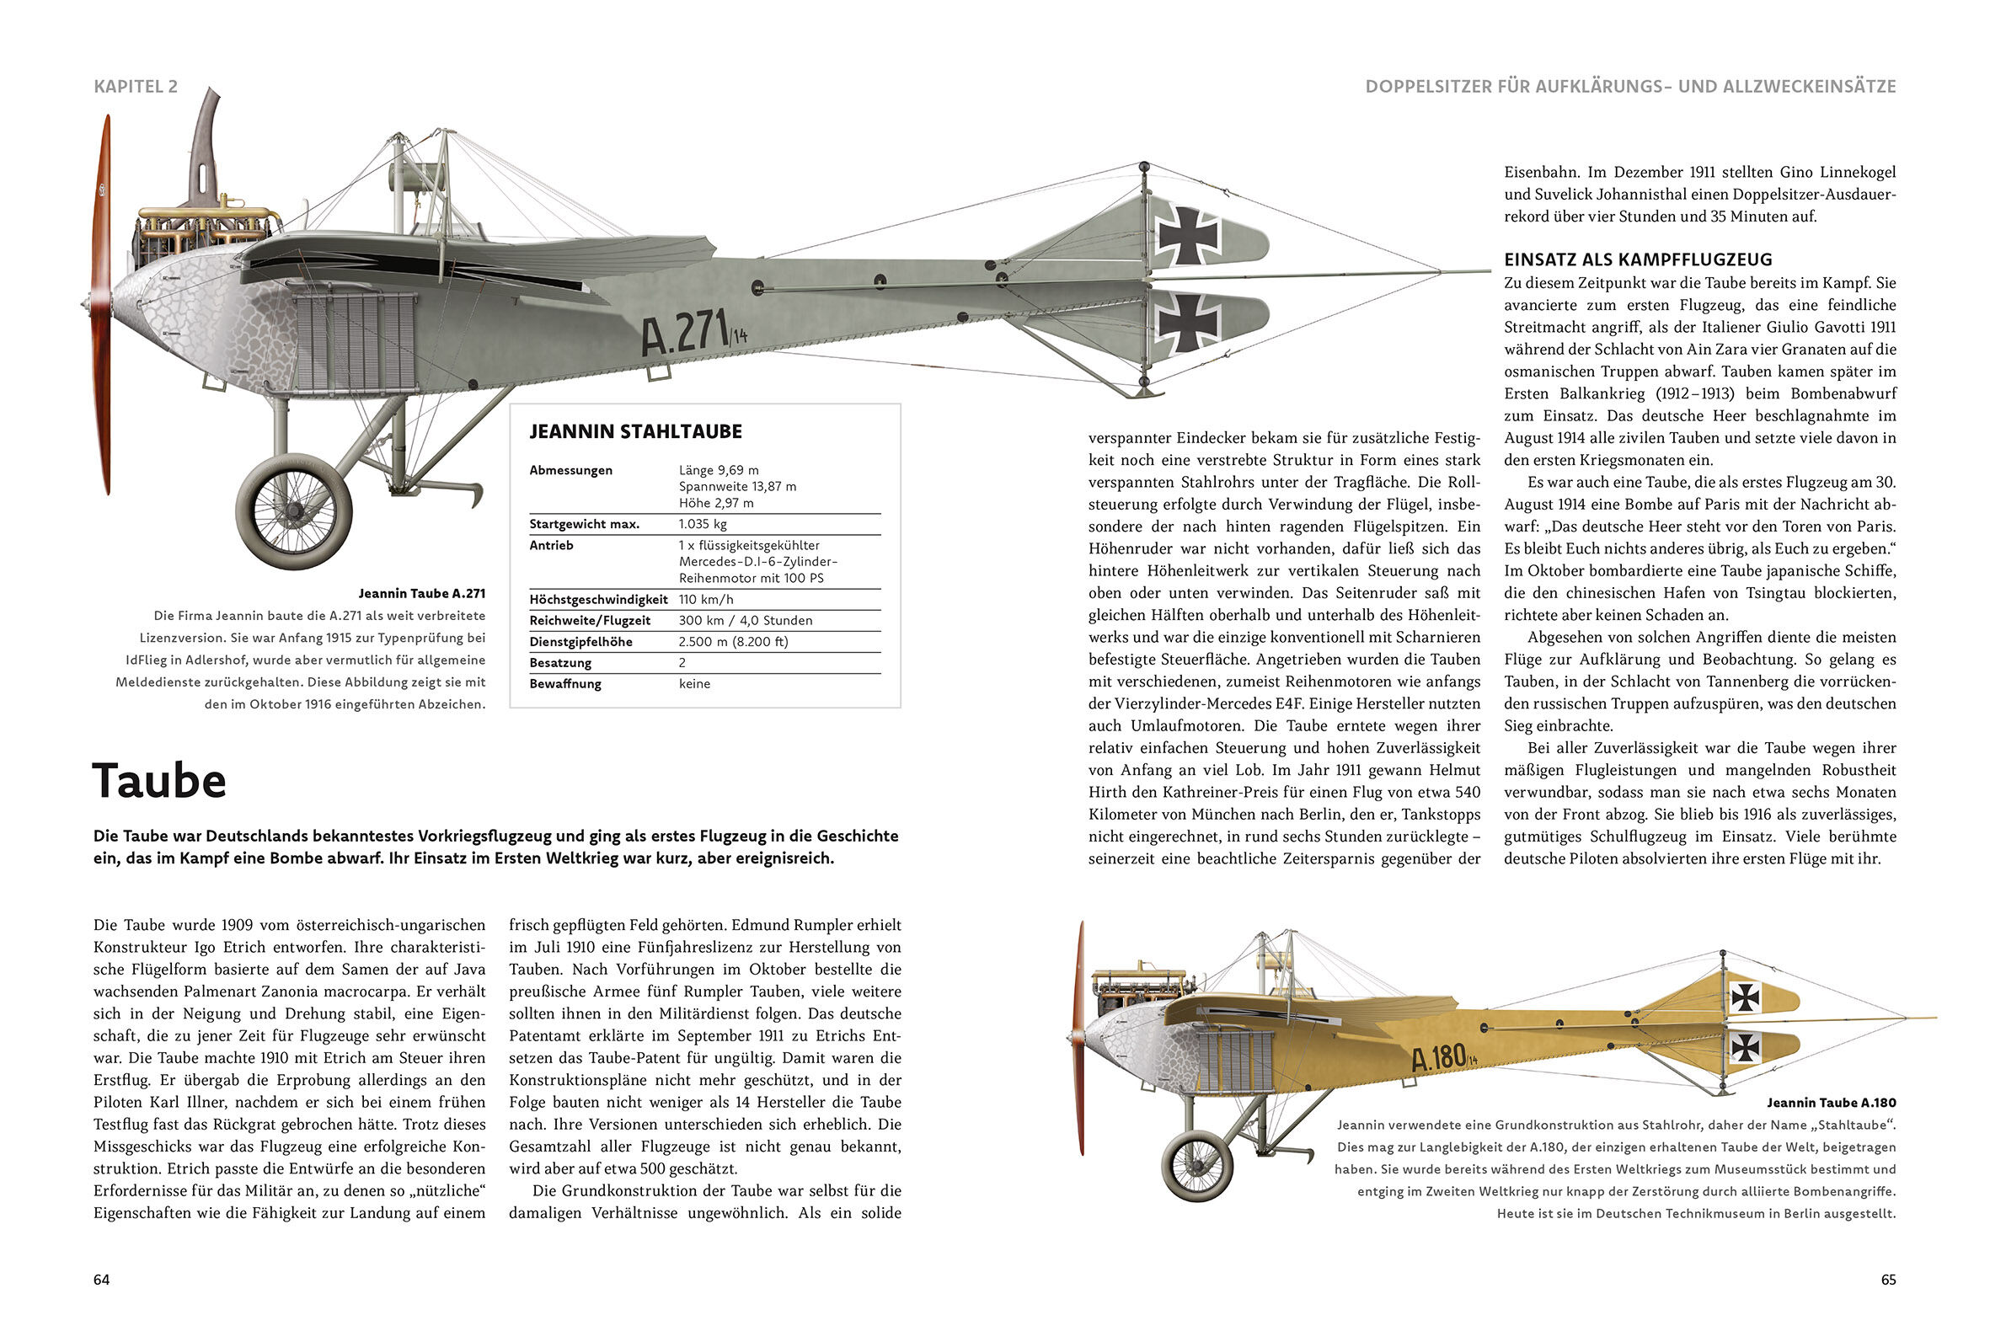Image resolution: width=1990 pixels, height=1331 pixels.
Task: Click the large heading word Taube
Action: pos(159,781)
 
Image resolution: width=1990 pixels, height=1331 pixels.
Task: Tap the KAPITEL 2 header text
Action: pos(136,87)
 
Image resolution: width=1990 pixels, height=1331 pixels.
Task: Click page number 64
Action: pos(102,1280)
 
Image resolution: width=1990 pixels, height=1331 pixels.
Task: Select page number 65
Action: pos(1888,1280)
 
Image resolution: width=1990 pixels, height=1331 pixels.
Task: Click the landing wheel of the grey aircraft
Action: pos(294,511)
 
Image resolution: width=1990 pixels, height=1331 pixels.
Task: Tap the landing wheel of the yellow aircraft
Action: pos(1197,1164)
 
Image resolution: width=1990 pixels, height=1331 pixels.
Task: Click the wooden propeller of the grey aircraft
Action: pos(102,306)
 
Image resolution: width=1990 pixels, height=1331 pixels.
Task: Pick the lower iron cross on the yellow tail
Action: pos(1746,1048)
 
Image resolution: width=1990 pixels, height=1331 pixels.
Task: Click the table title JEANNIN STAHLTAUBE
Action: pos(636,432)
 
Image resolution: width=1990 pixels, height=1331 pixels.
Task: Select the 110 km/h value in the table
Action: pos(705,599)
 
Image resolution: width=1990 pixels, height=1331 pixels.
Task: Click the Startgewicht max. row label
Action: pos(584,524)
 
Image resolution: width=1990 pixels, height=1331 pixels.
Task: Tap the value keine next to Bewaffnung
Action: pos(694,683)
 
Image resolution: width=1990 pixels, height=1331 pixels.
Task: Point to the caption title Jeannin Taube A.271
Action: pos(422,593)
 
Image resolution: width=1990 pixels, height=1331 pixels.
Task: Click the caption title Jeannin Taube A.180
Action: pos(1832,1103)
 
